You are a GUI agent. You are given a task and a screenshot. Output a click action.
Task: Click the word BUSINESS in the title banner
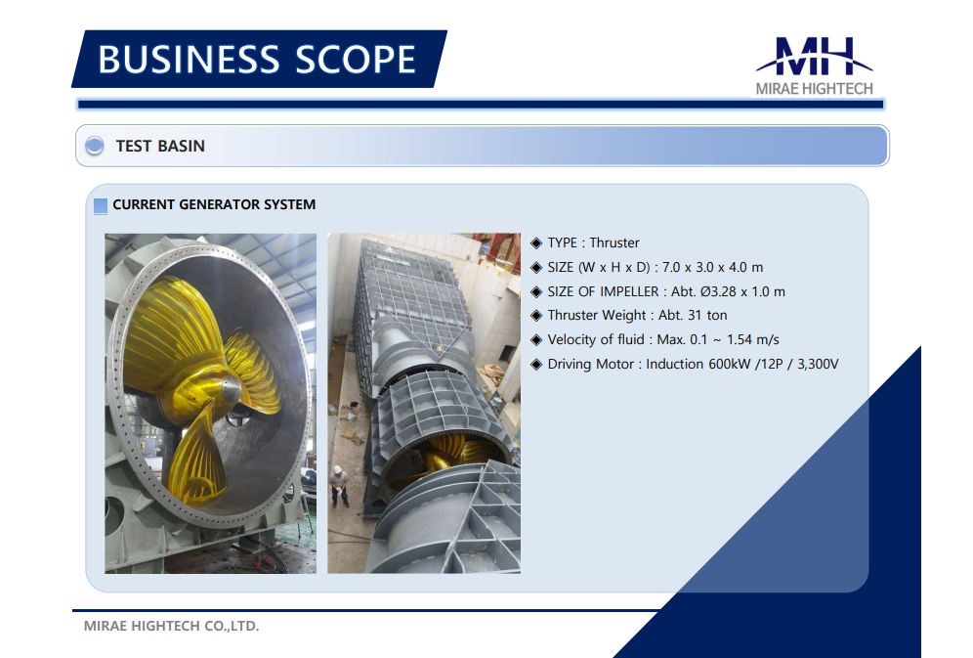pos(189,60)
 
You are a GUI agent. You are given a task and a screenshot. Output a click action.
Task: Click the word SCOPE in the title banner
pos(356,60)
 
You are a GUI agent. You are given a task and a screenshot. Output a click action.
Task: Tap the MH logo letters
pos(815,56)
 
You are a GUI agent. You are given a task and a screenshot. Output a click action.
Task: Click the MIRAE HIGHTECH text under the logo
pos(814,89)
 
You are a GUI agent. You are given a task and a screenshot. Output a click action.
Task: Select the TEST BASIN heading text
pos(160,146)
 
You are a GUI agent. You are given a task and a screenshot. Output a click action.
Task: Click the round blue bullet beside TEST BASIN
pos(95,146)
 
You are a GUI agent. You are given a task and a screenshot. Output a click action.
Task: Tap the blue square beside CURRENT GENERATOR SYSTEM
pos(101,205)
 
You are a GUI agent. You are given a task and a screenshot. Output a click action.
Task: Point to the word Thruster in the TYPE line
pos(614,242)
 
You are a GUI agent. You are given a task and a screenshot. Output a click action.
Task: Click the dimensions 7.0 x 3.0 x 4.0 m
pos(712,268)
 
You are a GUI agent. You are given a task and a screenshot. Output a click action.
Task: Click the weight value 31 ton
pos(706,316)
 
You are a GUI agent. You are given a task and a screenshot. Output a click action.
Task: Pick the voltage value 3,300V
pos(818,364)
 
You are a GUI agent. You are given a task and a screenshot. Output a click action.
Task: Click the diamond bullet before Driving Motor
pos(536,365)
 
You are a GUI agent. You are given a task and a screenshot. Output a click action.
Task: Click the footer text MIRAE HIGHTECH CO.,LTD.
pos(171,626)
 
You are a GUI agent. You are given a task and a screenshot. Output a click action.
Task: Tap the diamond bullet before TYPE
pos(536,243)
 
